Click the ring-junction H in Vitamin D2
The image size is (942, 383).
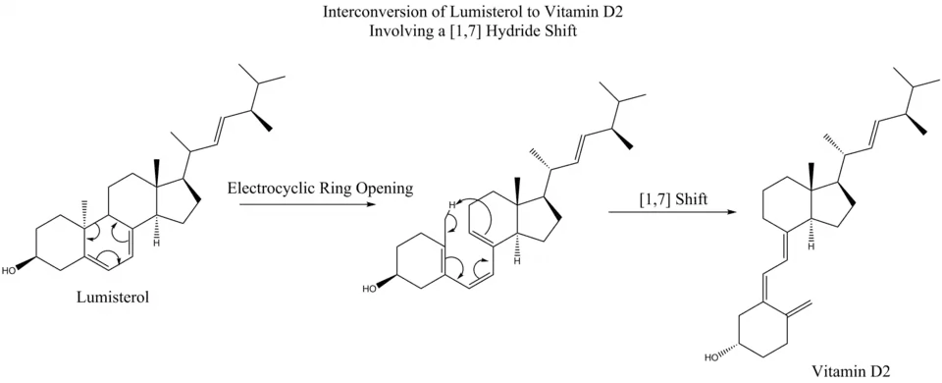pos(810,246)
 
